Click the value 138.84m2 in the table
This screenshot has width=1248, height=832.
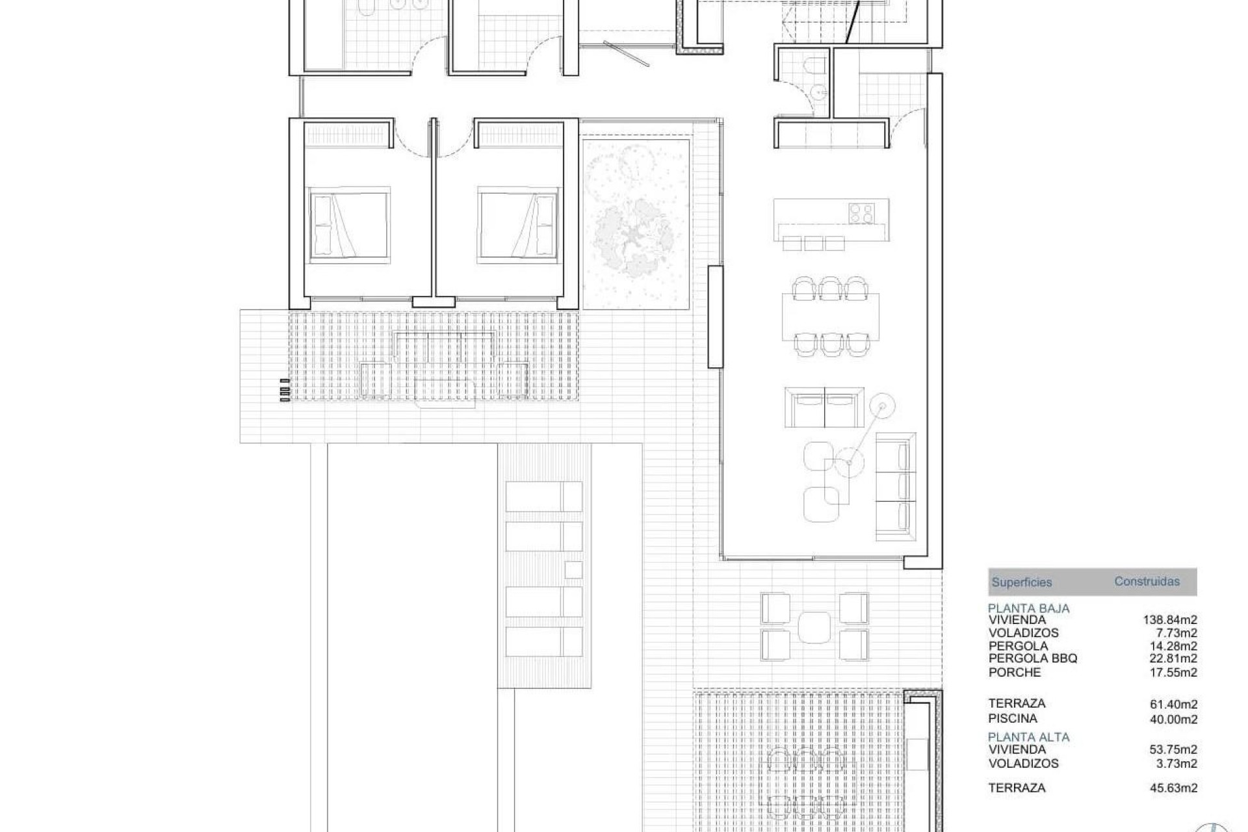tap(1169, 620)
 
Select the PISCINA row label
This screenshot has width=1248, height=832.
tap(1013, 718)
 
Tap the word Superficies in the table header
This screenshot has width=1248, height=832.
tap(1021, 582)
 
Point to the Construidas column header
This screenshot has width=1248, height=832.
tap(1147, 581)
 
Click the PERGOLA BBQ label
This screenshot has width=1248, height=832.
tap(1033, 658)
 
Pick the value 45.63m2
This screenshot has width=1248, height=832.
tap(1173, 788)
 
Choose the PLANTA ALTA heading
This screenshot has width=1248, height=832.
tap(1028, 737)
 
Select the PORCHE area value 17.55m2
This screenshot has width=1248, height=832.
tap(1173, 673)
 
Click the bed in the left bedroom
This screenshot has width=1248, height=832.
tap(350, 226)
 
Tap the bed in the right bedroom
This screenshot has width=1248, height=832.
tap(518, 226)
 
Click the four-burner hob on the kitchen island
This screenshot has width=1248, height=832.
tap(859, 213)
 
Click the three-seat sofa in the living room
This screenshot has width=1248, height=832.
tap(895, 486)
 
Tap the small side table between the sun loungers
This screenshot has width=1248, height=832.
tap(573, 569)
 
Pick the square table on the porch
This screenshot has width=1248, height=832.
tap(814, 627)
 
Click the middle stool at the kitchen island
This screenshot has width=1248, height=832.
tap(814, 243)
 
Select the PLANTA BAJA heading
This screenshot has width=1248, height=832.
tap(1028, 608)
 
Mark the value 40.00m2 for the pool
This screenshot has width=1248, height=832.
tap(1173, 720)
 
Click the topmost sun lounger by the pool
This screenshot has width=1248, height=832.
tap(543, 496)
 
